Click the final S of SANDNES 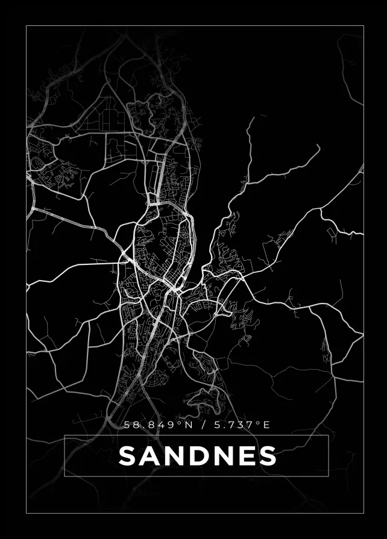click(266, 456)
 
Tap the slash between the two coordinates click(204, 425)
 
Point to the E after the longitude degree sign click(267, 425)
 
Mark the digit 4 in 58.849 click(163, 425)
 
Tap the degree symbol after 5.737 click(259, 423)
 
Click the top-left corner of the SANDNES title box click(64, 435)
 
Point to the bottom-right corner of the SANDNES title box click(328, 476)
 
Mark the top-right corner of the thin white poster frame click(363, 26)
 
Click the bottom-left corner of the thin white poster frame click(27, 513)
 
